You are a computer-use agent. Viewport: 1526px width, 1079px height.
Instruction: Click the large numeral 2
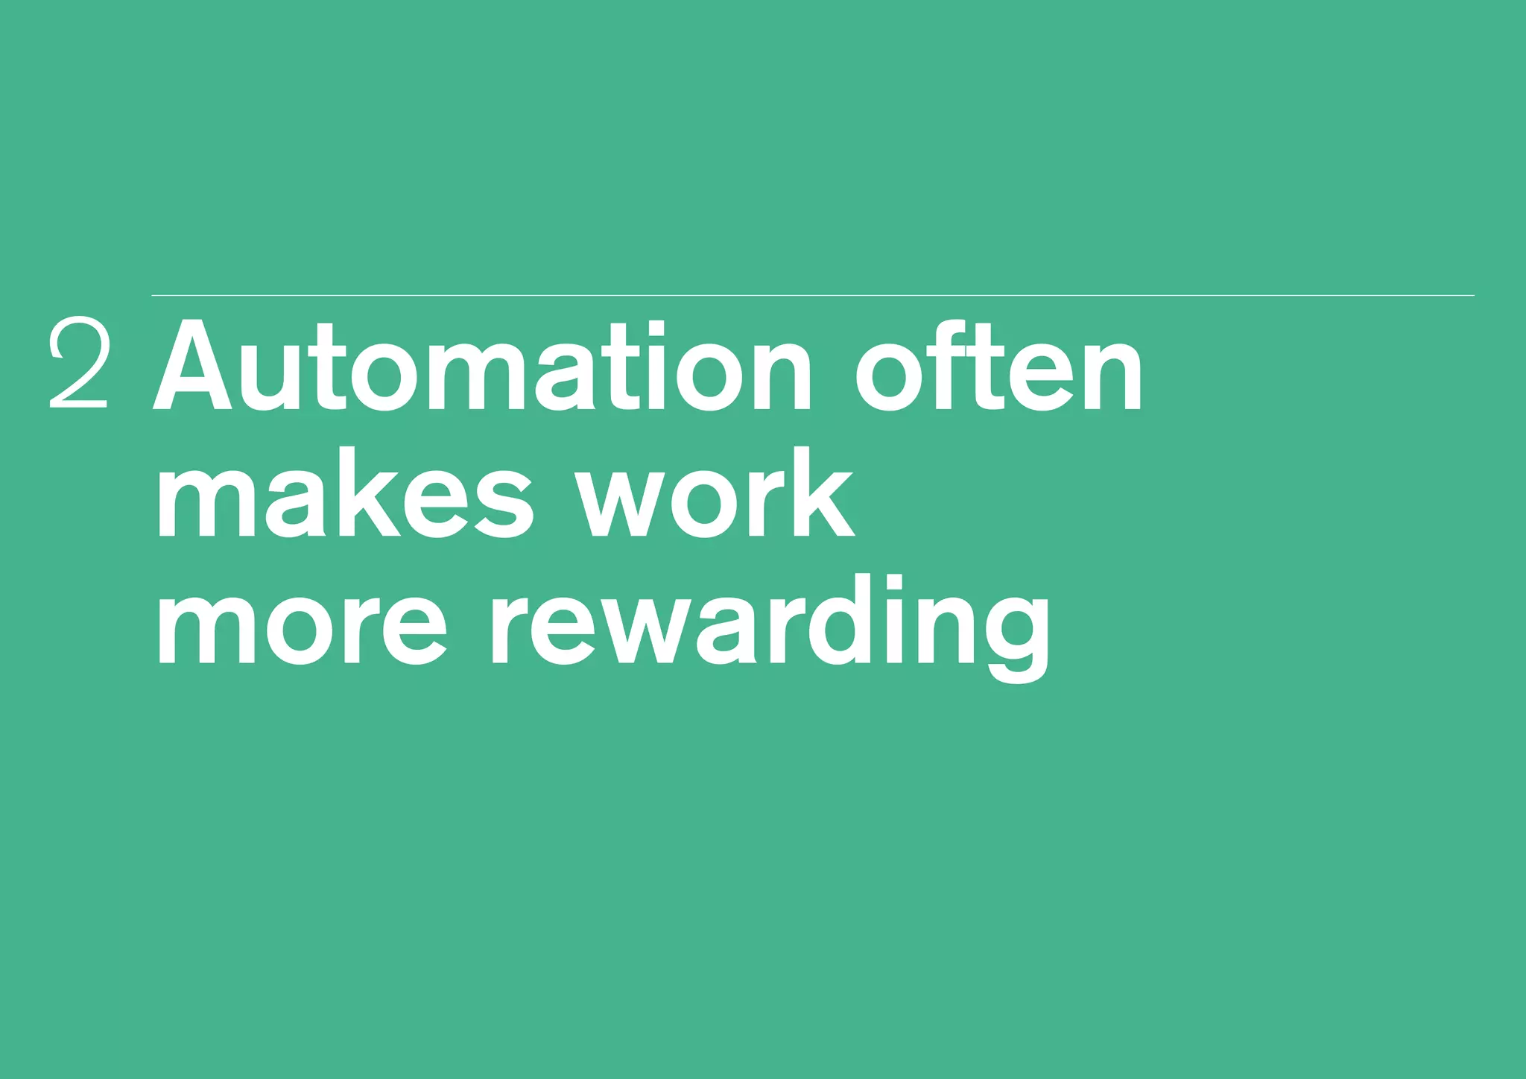(x=79, y=363)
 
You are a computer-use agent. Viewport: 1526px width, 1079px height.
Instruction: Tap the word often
(x=998, y=367)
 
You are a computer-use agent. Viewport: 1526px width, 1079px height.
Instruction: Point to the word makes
(x=344, y=495)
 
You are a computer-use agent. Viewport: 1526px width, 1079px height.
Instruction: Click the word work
(x=716, y=495)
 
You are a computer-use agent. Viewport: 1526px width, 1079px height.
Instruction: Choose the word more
(x=302, y=623)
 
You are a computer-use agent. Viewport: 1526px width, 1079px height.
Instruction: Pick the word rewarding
(x=770, y=626)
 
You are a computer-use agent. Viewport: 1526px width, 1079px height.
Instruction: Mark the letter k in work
(x=824, y=493)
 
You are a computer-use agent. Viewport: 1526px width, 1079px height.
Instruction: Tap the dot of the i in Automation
(x=655, y=328)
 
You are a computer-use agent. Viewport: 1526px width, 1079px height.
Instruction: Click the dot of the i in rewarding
(x=893, y=583)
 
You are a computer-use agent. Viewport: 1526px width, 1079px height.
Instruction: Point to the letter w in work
(x=618, y=503)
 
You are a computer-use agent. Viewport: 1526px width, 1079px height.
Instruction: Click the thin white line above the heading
(x=812, y=296)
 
